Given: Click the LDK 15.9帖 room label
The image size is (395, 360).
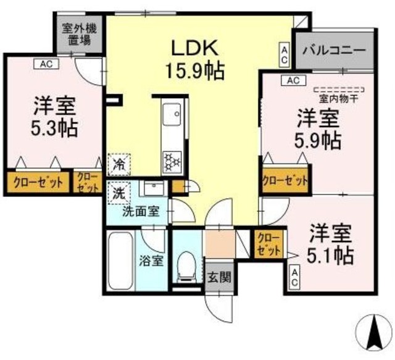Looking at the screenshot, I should pyautogui.click(x=193, y=56).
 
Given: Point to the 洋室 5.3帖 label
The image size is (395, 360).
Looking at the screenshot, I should pyautogui.click(x=54, y=118).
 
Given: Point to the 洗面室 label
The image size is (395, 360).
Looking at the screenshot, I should pyautogui.click(x=140, y=212).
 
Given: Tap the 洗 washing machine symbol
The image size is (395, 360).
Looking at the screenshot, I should pyautogui.click(x=117, y=192).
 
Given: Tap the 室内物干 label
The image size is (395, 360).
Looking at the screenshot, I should pyautogui.click(x=339, y=98).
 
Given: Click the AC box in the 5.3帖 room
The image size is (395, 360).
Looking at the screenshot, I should pyautogui.click(x=47, y=63).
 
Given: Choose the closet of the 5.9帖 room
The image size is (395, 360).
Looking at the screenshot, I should pyautogui.click(x=285, y=180).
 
